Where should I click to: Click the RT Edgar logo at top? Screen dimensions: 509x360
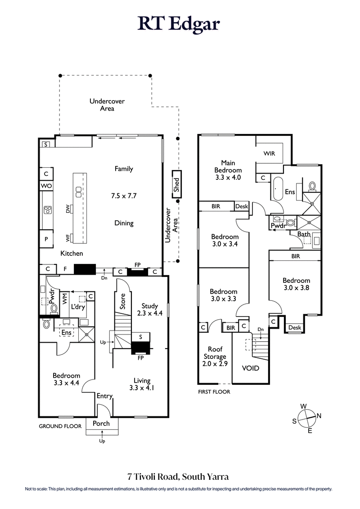point(179,24)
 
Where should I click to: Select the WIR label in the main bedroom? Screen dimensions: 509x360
point(269,153)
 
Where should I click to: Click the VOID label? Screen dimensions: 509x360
point(251,368)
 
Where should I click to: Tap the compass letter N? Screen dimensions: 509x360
point(319,416)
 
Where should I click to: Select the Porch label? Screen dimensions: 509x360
point(101,424)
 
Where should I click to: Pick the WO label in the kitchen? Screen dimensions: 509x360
point(46,186)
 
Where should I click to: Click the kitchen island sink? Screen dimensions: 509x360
point(78,192)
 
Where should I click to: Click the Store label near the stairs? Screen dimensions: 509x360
point(121,302)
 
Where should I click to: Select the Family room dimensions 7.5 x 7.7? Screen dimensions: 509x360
point(123,196)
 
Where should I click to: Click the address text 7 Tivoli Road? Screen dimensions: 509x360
point(154,477)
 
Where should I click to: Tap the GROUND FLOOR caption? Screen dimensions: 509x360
point(60,426)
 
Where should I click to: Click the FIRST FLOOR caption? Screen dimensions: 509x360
point(214,392)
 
